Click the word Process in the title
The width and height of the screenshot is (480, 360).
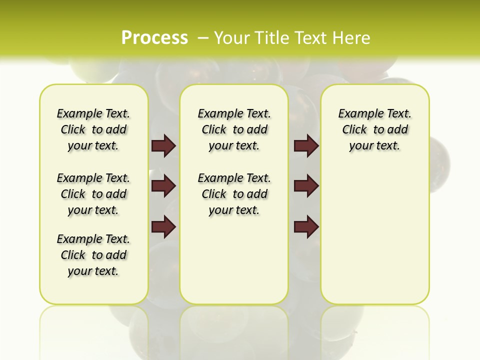click(x=154, y=38)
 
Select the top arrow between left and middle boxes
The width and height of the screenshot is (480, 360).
click(x=163, y=145)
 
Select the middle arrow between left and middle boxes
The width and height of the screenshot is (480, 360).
click(x=163, y=186)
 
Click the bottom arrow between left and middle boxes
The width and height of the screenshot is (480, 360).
click(x=163, y=227)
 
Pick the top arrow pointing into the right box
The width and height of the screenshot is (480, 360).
click(x=306, y=145)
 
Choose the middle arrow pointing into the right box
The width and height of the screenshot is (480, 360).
click(x=306, y=186)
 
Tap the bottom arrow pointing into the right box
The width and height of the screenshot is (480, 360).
click(x=306, y=227)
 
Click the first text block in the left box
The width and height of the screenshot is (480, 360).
click(x=93, y=129)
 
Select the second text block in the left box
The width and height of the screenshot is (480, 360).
click(x=93, y=194)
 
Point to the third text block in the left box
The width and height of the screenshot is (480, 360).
click(x=93, y=255)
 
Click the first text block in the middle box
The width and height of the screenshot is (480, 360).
click(x=234, y=129)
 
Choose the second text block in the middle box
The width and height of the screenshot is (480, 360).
click(x=234, y=194)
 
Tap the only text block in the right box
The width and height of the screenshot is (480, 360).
click(x=374, y=129)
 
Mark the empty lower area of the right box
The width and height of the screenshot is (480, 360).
click(x=374, y=240)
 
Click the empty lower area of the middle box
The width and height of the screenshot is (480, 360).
click(x=234, y=260)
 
